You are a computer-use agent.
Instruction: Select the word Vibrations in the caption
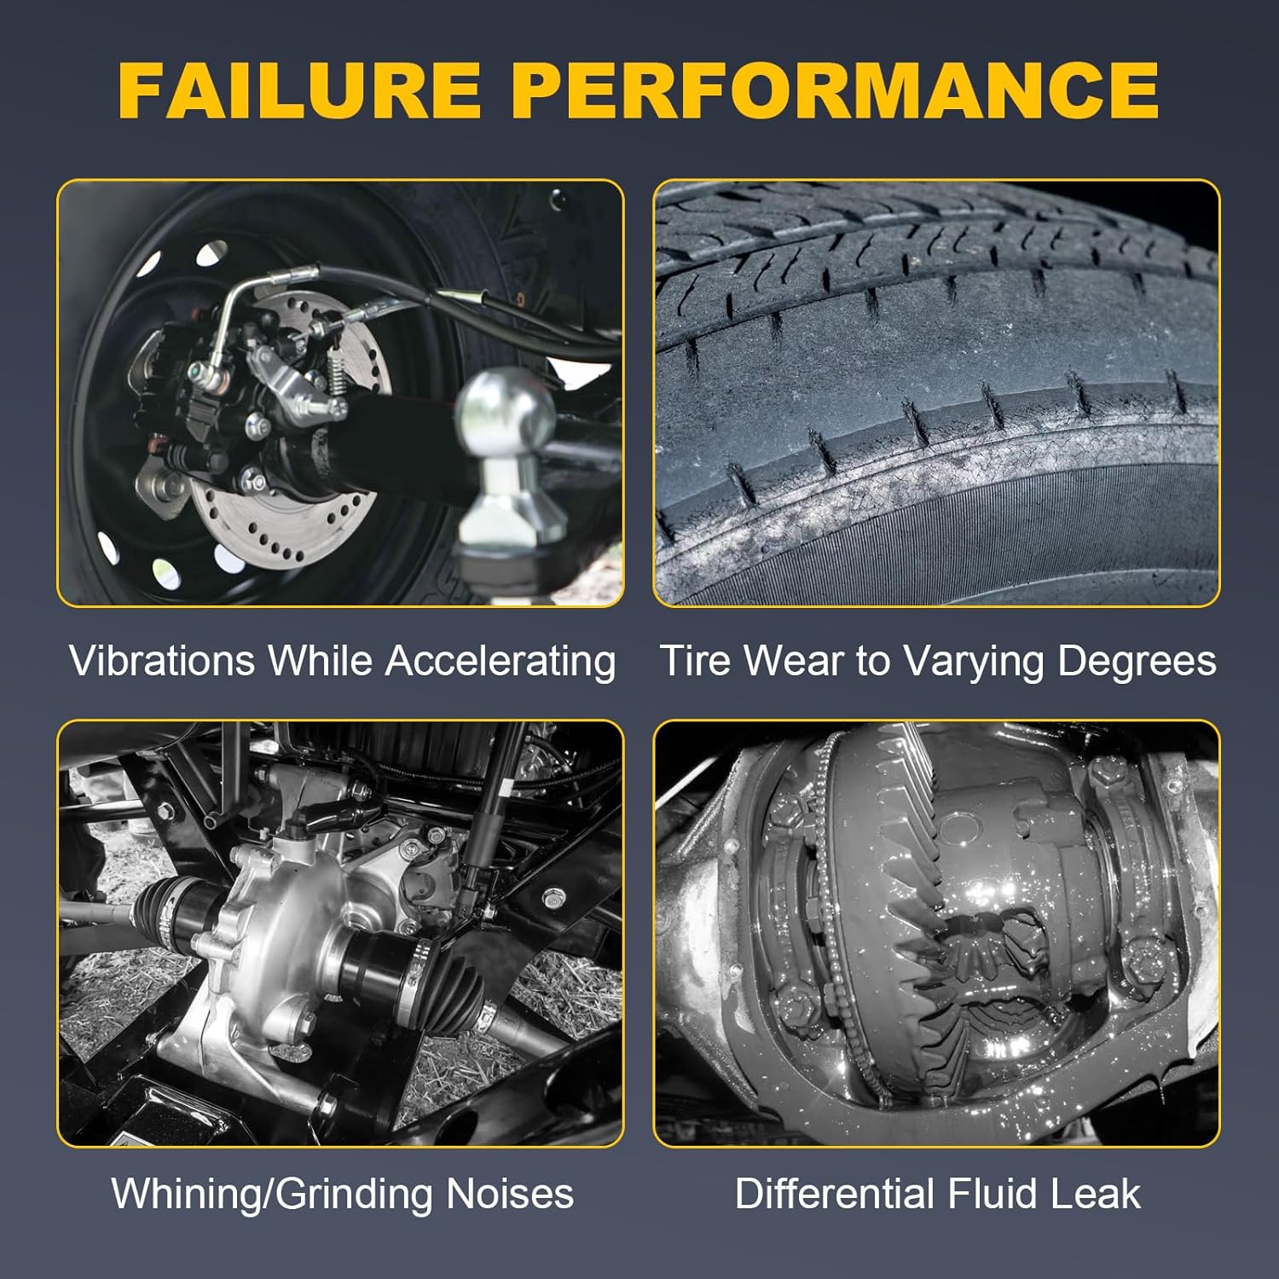click(162, 661)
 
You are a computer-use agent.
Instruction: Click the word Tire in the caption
click(696, 661)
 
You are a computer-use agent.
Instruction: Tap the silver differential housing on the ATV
click(273, 946)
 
